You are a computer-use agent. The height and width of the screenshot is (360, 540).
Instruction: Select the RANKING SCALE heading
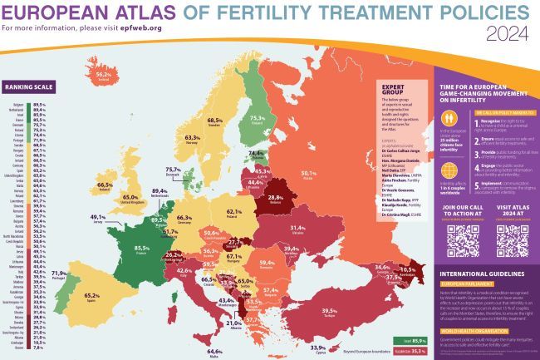tap(27, 86)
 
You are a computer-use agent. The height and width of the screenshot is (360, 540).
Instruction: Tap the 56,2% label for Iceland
tap(104, 75)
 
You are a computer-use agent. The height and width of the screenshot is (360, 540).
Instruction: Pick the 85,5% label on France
tap(136, 248)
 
